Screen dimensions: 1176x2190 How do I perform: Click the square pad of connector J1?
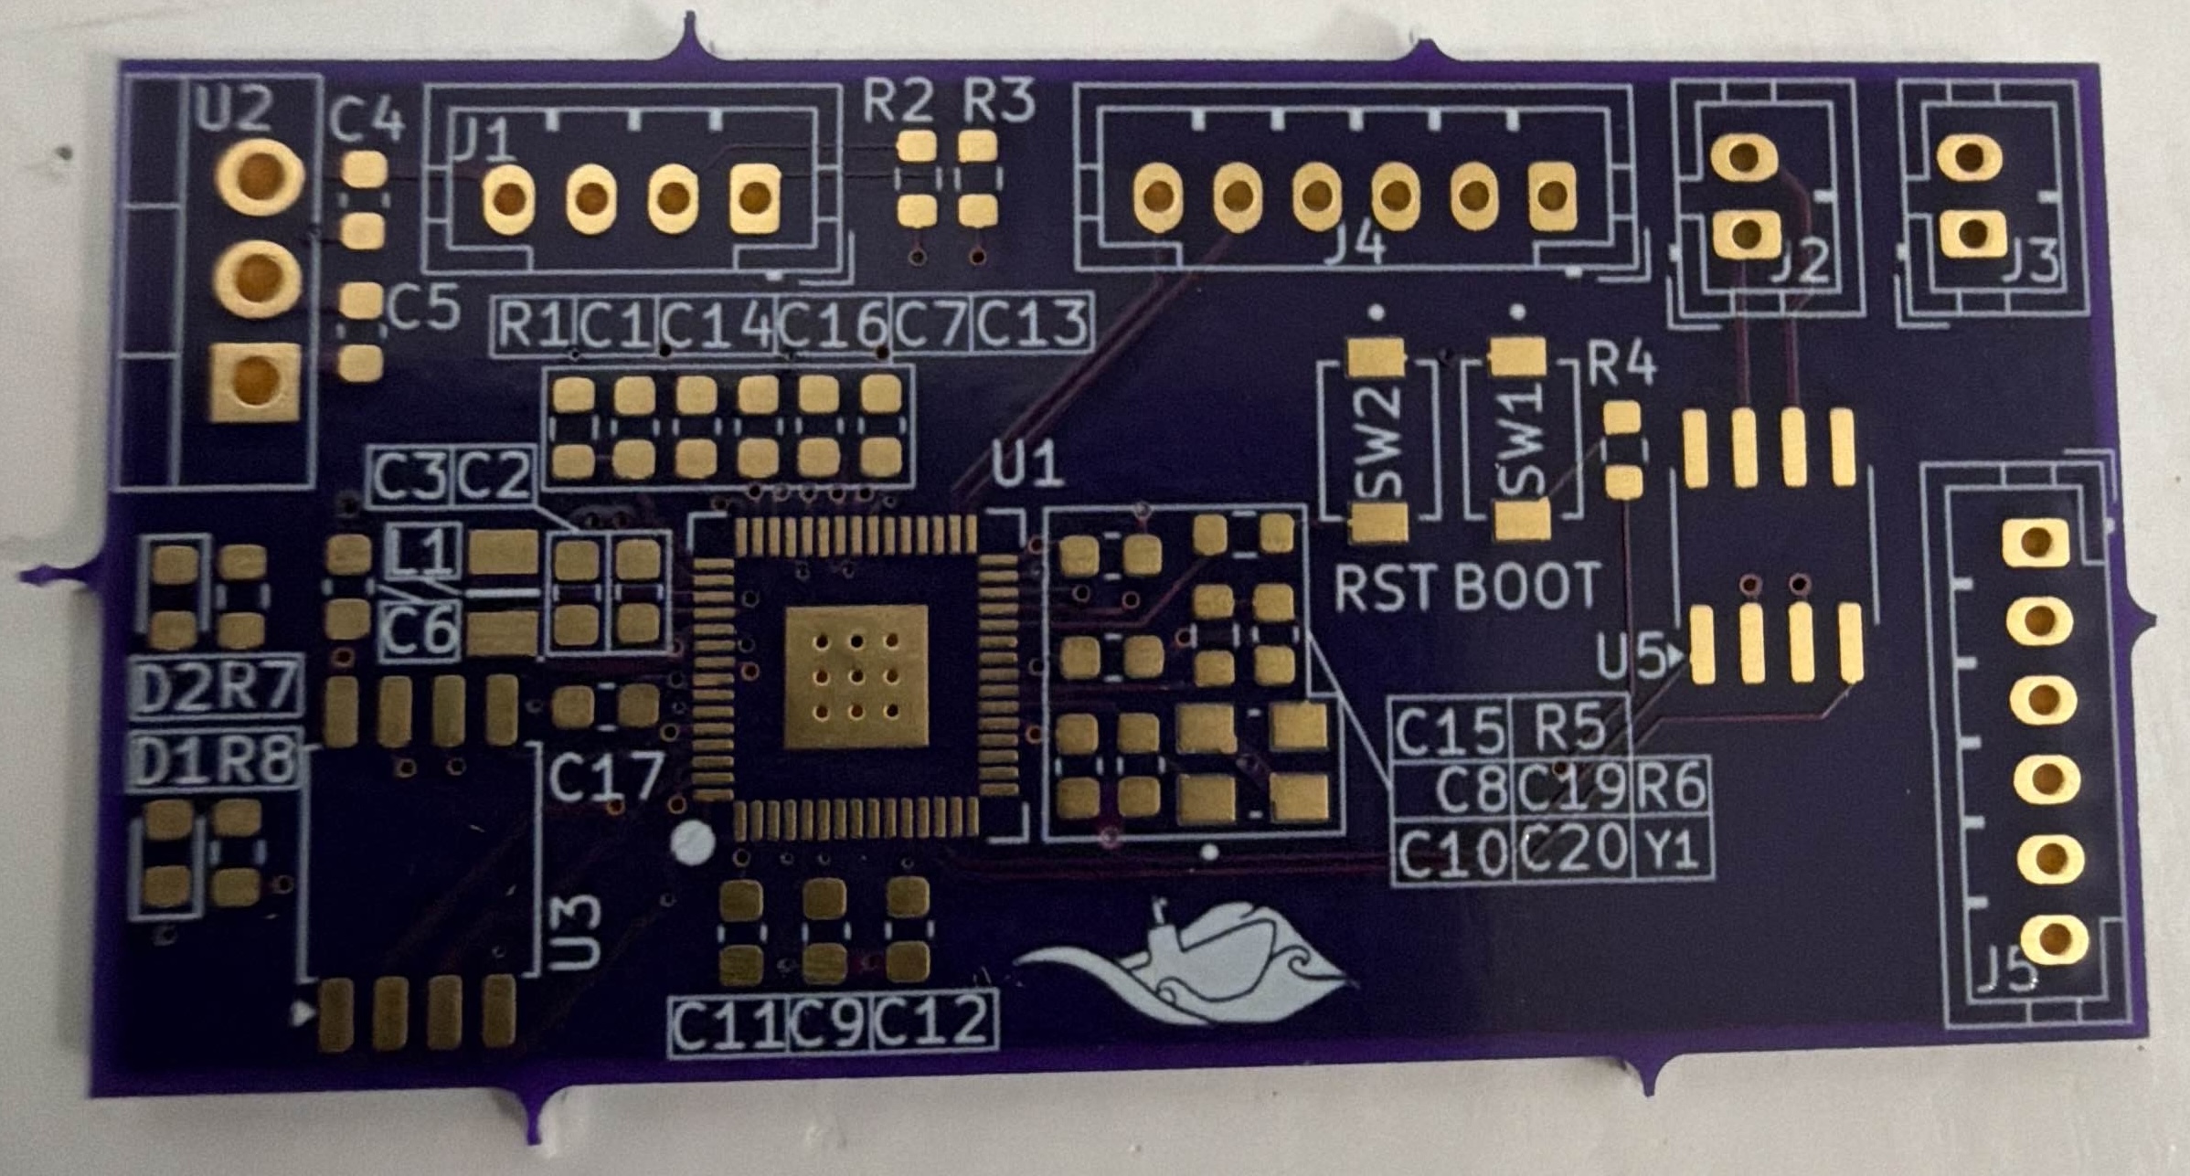point(755,196)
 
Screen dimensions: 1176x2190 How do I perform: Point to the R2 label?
point(898,100)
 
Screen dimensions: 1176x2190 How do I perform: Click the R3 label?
point(999,100)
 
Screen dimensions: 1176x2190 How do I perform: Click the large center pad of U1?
point(856,677)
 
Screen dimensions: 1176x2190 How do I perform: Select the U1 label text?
point(1027,462)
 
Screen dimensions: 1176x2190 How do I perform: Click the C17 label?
point(606,778)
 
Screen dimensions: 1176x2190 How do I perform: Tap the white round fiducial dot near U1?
point(693,842)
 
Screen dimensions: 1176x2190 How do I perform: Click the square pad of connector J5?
point(2035,543)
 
